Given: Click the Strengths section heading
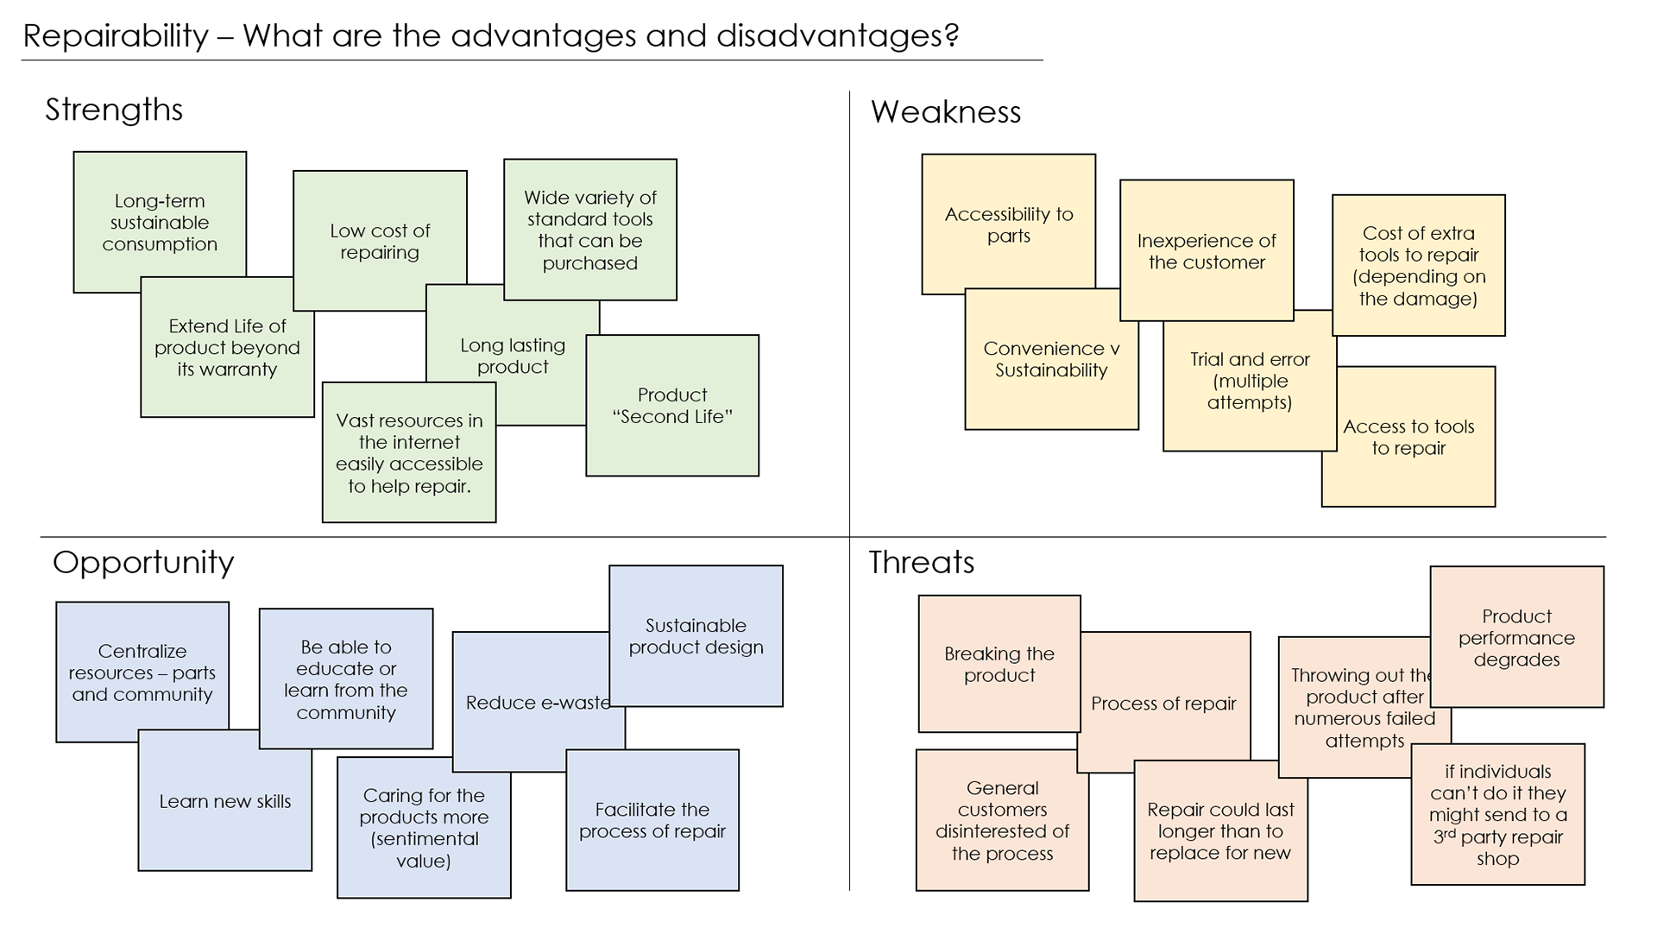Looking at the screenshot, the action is tap(114, 110).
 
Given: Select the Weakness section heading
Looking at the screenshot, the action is tap(945, 112).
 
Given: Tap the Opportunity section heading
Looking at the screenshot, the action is tap(143, 563).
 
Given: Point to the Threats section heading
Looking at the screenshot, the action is tap(921, 563).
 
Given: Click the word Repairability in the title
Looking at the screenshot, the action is tap(116, 36).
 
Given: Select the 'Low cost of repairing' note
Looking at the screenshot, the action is tap(380, 241).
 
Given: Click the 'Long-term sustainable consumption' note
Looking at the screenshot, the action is tap(160, 222).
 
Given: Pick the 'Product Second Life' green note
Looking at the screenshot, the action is tap(672, 405).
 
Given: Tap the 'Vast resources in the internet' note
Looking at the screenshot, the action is tap(409, 452).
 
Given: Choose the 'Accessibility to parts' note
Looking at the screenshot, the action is tap(1008, 224).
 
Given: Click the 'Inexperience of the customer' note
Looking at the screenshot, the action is tap(1206, 250).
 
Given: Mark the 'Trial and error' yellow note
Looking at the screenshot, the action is tap(1249, 381).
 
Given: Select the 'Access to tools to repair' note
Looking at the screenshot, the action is tap(1408, 437).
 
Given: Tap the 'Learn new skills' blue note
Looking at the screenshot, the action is tap(224, 801).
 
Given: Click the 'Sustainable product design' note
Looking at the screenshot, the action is tap(696, 636).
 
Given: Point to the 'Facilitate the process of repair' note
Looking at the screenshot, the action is tap(652, 820).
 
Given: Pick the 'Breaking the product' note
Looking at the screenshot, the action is tap(999, 664).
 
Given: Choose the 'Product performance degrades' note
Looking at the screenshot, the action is tap(1516, 637).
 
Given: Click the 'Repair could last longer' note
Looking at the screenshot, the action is tap(1220, 830).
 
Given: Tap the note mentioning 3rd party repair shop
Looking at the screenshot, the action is tap(1497, 814).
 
